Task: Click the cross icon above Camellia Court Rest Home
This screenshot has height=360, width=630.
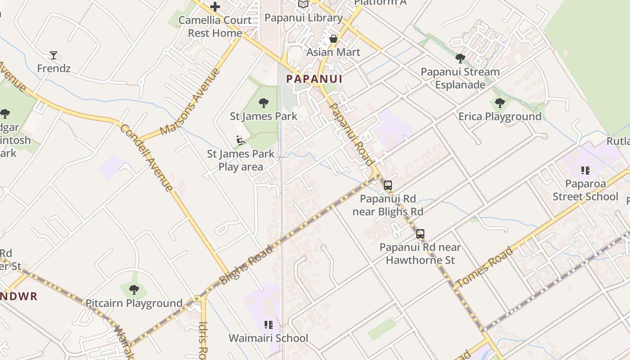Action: point(215,7)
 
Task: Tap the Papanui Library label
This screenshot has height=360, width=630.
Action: point(304,18)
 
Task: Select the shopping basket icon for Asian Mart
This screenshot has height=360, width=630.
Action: point(333,39)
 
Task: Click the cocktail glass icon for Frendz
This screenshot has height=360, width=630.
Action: point(54,55)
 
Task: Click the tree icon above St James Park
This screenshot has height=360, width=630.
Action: point(264,103)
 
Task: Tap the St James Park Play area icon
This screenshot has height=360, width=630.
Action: point(241,140)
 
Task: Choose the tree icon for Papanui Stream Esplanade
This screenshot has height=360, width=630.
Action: point(460,58)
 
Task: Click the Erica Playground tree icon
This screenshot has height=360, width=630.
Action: point(499,103)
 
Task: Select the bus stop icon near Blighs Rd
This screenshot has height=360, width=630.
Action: point(388,185)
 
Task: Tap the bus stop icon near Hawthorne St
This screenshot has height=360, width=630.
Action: point(420,234)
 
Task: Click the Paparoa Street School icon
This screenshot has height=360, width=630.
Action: point(585,171)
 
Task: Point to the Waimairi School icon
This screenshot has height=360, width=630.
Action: point(269,325)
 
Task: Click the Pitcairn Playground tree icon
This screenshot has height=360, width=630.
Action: point(134,290)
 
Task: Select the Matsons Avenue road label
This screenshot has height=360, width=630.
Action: point(190,102)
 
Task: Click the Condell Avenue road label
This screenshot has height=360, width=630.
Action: point(147,157)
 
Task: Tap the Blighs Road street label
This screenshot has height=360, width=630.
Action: point(246,265)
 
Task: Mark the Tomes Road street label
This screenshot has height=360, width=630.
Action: point(484,268)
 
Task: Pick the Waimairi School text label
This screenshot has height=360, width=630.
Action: point(269,338)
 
